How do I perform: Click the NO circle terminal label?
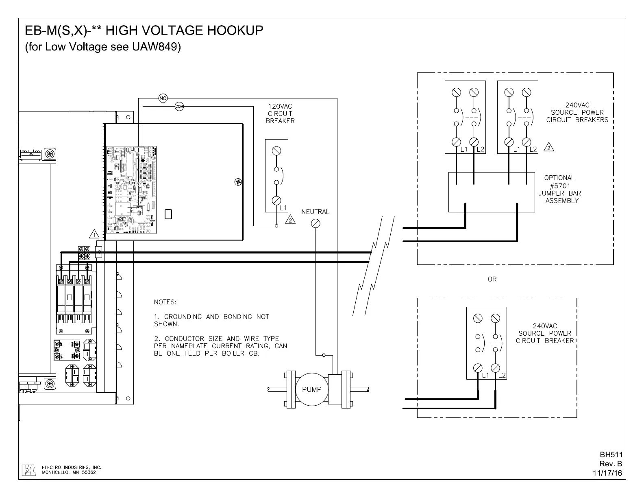pyautogui.click(x=163, y=98)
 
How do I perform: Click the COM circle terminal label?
pyautogui.click(x=179, y=107)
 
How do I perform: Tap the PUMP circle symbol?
pyautogui.click(x=312, y=389)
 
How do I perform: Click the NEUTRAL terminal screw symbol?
pyautogui.click(x=315, y=223)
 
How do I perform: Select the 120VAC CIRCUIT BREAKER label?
pyautogui.click(x=280, y=114)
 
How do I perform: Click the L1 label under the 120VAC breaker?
pyautogui.click(x=283, y=208)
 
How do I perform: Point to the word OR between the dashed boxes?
pyautogui.click(x=492, y=279)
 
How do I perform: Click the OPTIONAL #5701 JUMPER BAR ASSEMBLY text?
pyautogui.click(x=559, y=189)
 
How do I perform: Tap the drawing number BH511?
pyautogui.click(x=611, y=455)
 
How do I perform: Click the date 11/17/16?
pyautogui.click(x=607, y=473)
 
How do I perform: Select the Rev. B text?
pyautogui.click(x=611, y=464)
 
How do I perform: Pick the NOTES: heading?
pyautogui.click(x=165, y=302)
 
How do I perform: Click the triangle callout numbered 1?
pyautogui.click(x=94, y=234)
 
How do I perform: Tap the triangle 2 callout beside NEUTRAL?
pyautogui.click(x=291, y=220)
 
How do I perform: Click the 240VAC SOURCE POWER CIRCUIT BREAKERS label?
pyautogui.click(x=577, y=112)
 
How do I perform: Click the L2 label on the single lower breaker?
pyautogui.click(x=502, y=375)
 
